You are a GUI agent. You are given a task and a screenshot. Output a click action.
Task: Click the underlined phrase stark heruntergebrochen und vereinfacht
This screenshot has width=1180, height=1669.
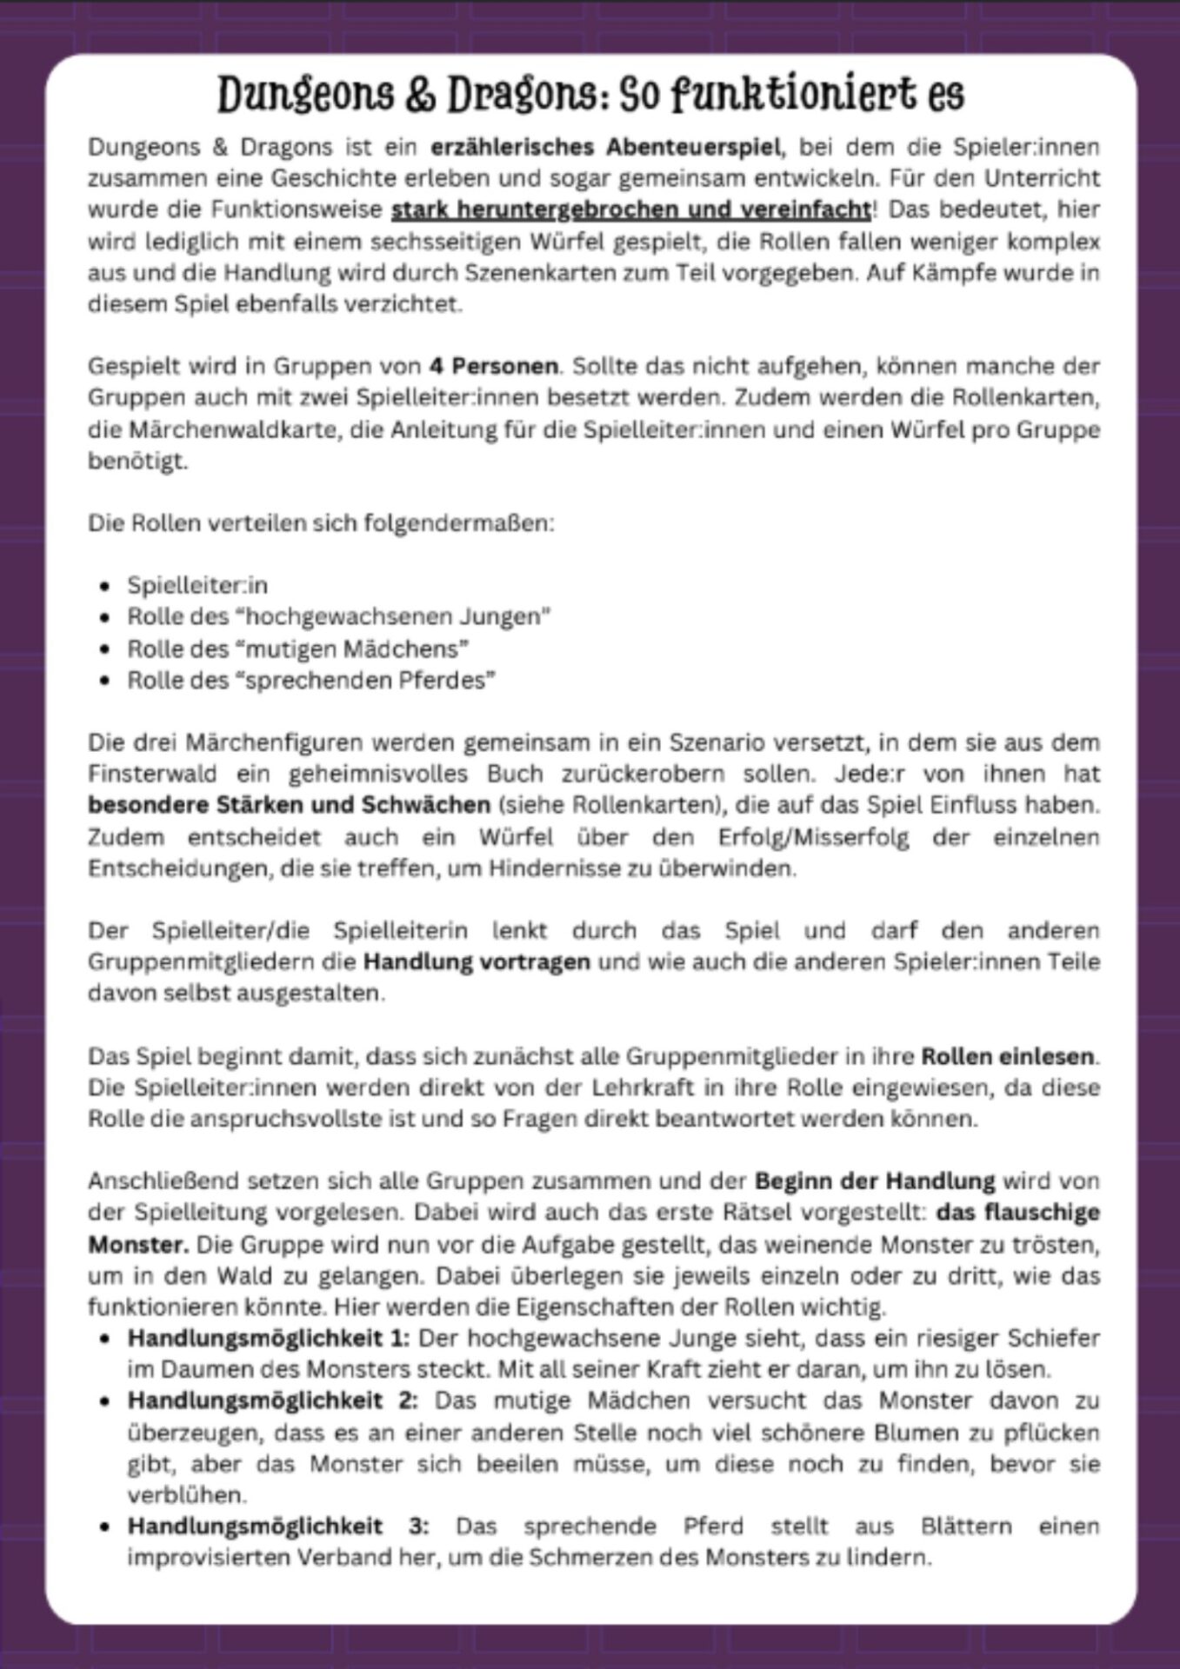631,209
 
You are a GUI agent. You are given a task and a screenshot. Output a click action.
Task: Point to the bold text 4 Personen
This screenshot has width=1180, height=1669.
494,366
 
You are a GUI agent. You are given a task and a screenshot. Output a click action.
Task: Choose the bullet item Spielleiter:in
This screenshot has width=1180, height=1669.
197,585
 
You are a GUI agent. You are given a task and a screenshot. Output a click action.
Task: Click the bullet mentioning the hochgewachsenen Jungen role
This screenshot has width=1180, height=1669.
339,616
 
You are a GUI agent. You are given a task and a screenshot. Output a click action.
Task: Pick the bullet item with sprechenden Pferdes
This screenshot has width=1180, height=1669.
311,680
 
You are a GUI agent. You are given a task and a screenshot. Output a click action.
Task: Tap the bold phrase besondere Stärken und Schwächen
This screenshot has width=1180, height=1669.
289,805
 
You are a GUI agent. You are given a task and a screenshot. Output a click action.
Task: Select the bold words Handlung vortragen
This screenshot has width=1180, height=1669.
477,962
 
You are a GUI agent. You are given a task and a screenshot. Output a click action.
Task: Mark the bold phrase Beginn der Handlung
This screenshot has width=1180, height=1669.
875,1181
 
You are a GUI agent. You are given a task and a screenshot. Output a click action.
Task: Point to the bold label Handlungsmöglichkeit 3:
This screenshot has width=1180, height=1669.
278,1526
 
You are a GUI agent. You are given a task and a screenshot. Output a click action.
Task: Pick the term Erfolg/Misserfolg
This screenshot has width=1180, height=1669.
814,837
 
